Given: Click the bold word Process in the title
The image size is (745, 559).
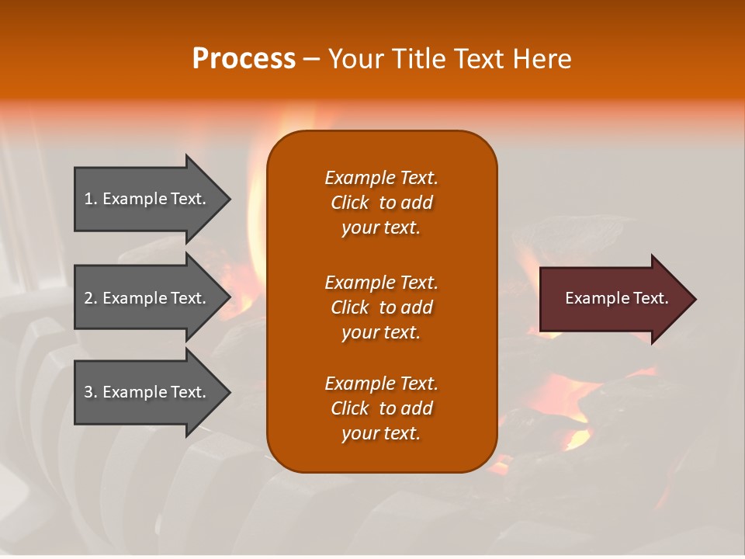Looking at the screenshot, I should click(x=244, y=58).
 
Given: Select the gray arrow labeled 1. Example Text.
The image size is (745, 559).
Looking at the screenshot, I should click(x=147, y=199).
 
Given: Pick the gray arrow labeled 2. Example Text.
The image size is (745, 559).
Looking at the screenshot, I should click(x=147, y=298).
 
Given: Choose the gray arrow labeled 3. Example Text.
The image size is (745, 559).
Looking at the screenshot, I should click(x=147, y=392).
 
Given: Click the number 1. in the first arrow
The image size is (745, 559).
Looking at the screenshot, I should click(x=91, y=199).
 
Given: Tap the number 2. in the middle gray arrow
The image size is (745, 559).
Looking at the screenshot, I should click(x=91, y=298).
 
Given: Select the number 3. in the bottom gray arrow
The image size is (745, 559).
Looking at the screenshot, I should click(x=91, y=392).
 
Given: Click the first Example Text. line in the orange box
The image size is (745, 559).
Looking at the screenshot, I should click(x=381, y=178).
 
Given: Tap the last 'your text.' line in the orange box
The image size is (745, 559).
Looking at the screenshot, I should click(x=381, y=433).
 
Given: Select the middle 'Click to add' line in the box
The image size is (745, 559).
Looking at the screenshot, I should click(x=381, y=307).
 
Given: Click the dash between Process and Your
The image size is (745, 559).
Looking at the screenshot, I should click(x=311, y=59).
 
